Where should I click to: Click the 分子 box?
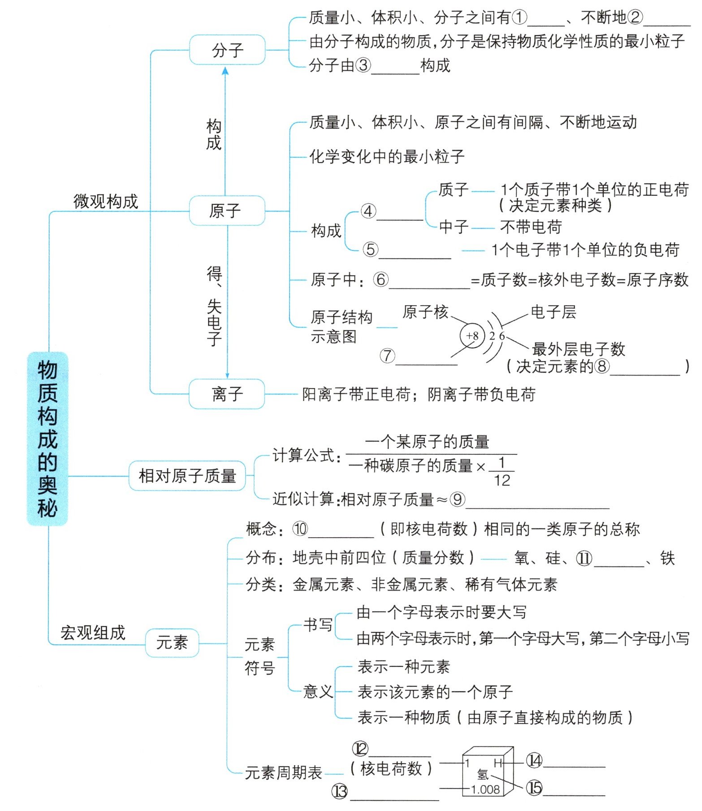click(227, 50)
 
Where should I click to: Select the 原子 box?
click(226, 211)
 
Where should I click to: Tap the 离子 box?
click(226, 394)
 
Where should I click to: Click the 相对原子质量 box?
click(187, 475)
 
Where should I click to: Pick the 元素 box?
click(172, 643)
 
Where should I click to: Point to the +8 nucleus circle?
click(472, 336)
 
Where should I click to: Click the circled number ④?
click(368, 211)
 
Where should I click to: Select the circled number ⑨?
click(457, 499)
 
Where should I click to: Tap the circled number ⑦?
click(387, 356)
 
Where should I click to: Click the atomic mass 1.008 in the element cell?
click(485, 789)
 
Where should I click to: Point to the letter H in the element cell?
click(498, 763)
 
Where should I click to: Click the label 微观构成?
click(106, 202)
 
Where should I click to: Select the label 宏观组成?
click(93, 633)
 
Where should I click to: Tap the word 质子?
click(453, 190)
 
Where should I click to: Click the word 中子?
click(454, 227)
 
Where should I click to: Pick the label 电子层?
click(553, 312)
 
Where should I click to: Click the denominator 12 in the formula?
click(502, 480)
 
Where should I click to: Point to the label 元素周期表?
click(283, 772)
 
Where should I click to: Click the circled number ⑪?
click(584, 558)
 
